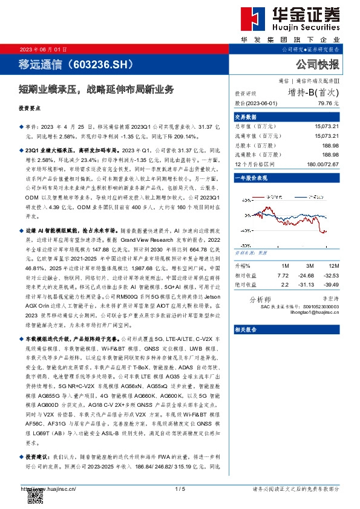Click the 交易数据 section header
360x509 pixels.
click(246, 117)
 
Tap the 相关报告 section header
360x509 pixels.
click(246, 329)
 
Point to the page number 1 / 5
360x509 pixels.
click(180, 489)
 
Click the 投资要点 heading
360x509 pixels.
click(31, 108)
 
